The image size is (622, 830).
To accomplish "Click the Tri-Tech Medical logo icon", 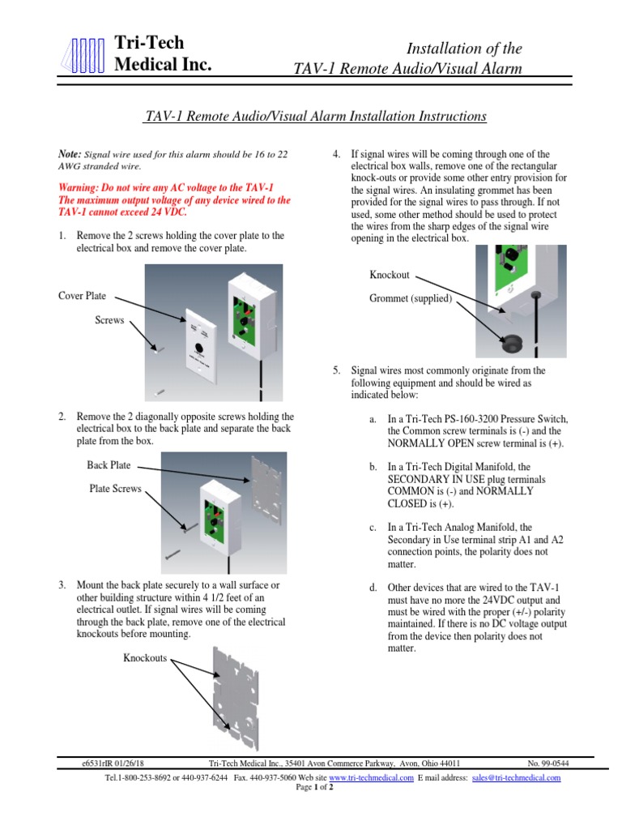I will pos(83,55).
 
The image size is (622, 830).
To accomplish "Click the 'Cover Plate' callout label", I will pos(83,296).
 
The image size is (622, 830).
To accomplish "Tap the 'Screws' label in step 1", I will pos(109,320).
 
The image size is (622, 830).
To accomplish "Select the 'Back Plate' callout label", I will pos(109,465).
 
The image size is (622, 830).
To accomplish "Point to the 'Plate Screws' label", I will pos(115,489).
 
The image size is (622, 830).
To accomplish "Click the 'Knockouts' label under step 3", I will pos(145,657).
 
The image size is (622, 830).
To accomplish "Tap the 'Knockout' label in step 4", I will pos(389,275).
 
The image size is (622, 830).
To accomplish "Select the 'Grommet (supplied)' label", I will pos(411,299).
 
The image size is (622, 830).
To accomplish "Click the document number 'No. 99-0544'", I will pos(548,763).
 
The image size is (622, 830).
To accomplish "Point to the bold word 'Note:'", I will pos(70,153).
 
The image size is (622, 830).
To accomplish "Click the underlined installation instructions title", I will pos(314,117).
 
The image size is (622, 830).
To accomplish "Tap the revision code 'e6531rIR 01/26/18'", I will pos(113,763).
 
